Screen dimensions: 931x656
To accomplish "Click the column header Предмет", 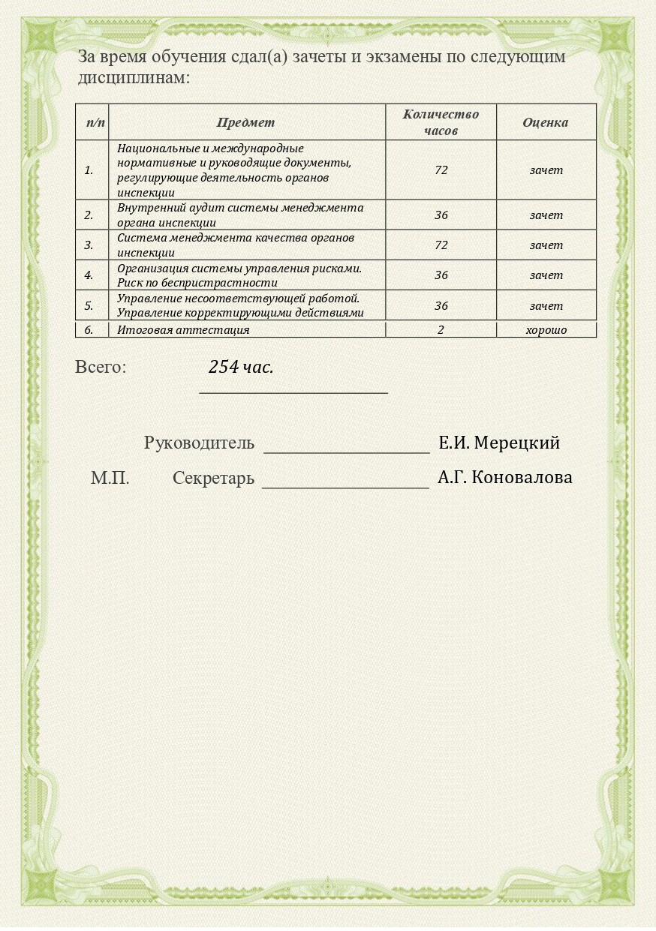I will [246, 122].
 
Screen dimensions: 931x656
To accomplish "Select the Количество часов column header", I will [441, 122].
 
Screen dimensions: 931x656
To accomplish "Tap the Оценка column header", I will [546, 122].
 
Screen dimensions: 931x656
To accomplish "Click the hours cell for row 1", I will [441, 170].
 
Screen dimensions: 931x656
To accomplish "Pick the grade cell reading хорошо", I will [546, 330].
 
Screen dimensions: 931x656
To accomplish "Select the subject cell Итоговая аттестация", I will [183, 330].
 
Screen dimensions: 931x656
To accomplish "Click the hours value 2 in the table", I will [441, 330].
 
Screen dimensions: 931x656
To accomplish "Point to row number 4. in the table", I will [89, 275].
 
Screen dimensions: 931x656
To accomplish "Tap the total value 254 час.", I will [241, 368].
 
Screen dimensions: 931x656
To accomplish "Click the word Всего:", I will [101, 368].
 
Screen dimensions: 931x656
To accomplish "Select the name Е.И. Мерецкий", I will [499, 443].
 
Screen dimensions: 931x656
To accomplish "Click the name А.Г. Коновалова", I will [504, 478].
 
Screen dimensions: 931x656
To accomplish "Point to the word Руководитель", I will [199, 443].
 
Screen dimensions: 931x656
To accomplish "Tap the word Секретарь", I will [213, 479].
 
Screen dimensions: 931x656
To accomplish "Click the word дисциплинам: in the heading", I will [134, 77].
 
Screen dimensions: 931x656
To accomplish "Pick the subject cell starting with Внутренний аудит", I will [240, 215].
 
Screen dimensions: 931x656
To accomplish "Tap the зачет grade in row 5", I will [546, 306].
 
